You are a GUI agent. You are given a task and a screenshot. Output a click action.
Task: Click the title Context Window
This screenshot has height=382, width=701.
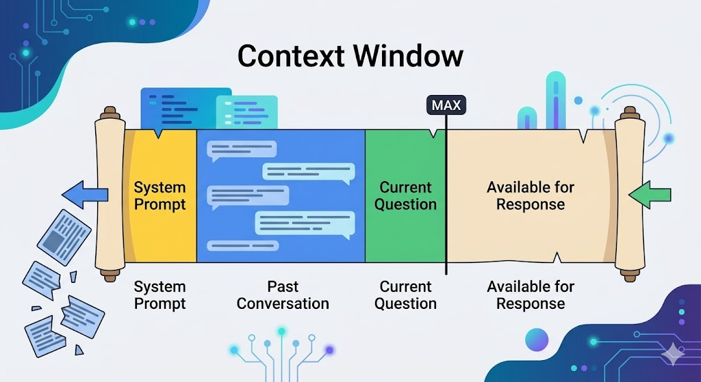pos(350,56)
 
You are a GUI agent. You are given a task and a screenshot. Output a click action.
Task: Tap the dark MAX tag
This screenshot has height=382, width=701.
pos(446,105)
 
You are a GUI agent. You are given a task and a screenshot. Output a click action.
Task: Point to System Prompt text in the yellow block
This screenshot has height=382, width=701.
pos(160,195)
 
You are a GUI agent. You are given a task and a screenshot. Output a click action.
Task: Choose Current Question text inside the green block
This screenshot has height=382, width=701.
pos(405,195)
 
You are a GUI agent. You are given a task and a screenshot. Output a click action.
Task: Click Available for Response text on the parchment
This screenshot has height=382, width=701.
pos(531,195)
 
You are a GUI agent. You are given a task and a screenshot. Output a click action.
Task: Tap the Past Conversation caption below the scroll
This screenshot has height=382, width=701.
pos(283,295)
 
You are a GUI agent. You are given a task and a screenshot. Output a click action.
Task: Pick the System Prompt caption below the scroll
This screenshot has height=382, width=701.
pos(160,295)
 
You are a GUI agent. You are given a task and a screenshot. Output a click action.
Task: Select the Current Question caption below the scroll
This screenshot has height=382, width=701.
pos(405,295)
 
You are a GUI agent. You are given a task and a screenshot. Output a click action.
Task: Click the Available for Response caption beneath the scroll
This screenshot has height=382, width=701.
pos(531,295)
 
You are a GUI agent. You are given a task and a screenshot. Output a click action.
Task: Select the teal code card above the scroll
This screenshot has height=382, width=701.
pos(246,111)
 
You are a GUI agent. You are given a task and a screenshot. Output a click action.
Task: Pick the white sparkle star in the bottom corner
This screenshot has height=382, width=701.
pos(674,353)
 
